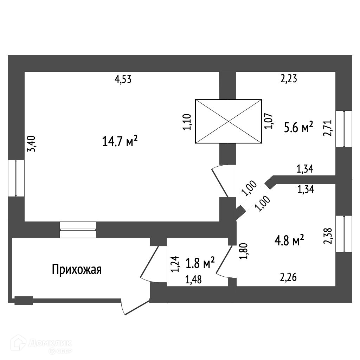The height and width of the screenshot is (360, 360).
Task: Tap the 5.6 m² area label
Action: [x=298, y=128]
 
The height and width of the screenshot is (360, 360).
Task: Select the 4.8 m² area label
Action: [x=289, y=241]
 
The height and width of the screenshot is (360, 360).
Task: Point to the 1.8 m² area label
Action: [x=200, y=263]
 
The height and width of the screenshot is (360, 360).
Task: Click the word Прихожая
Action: [x=77, y=270]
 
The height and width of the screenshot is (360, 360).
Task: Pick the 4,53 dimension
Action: [x=123, y=79]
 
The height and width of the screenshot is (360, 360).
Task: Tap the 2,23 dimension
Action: [x=289, y=79]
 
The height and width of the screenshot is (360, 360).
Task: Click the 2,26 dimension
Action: [x=289, y=278]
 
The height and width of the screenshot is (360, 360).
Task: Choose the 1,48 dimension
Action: [x=194, y=280]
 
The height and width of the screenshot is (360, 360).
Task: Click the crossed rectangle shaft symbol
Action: [x=229, y=121]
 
